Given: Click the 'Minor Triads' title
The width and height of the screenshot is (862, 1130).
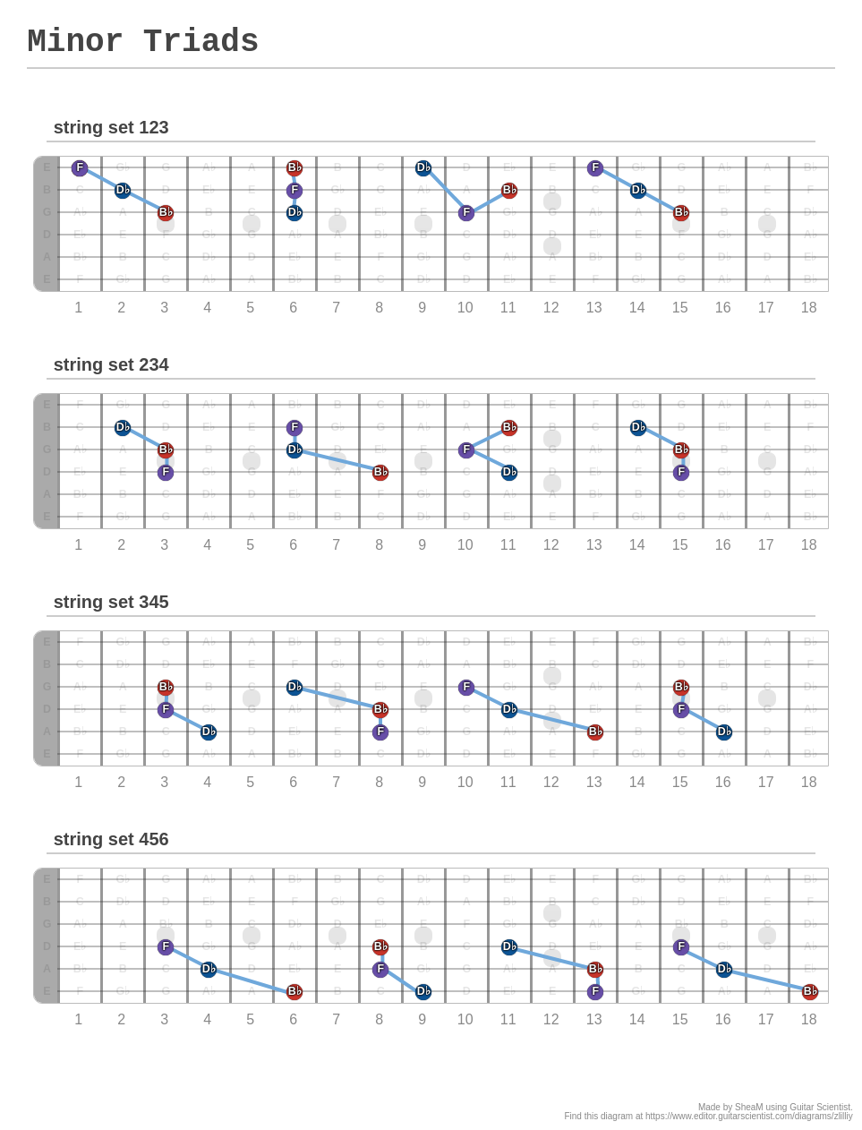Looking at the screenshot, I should click(142, 42).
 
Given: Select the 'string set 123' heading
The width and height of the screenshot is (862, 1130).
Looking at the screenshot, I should click(111, 127).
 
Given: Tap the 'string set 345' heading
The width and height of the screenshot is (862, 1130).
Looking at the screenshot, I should click(111, 602).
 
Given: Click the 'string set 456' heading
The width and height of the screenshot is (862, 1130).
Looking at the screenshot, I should click(111, 839).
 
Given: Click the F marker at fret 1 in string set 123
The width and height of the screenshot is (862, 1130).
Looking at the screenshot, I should click(80, 167).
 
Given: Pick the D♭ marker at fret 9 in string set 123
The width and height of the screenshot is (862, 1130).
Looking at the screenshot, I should click(423, 167).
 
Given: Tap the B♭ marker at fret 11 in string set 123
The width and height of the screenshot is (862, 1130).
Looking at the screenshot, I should click(509, 190).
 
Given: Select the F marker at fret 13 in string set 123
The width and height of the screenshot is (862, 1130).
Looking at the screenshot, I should click(595, 167).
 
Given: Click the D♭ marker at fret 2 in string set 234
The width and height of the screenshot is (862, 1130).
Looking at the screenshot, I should click(123, 427).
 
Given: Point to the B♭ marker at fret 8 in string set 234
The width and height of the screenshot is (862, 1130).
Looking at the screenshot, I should click(380, 472).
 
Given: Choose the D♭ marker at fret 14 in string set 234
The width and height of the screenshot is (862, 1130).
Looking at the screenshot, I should click(638, 427).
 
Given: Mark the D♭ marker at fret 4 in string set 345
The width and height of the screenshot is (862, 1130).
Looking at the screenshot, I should click(209, 732).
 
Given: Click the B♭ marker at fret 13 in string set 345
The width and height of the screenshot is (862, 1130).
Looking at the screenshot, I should click(595, 732).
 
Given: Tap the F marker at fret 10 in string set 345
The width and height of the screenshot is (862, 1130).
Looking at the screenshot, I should click(466, 687).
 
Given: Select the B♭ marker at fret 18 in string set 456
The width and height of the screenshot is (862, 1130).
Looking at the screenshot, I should click(810, 991).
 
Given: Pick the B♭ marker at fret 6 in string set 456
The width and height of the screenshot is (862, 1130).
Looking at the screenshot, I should click(294, 991).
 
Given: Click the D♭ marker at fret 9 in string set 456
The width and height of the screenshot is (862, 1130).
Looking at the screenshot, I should click(423, 991).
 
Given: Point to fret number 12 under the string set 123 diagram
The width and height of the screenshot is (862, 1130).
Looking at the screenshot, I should click(551, 307).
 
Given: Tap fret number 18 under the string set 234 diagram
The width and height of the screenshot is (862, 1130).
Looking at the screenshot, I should click(809, 544).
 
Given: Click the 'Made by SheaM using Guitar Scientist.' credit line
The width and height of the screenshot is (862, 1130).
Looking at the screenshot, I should click(775, 1107).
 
